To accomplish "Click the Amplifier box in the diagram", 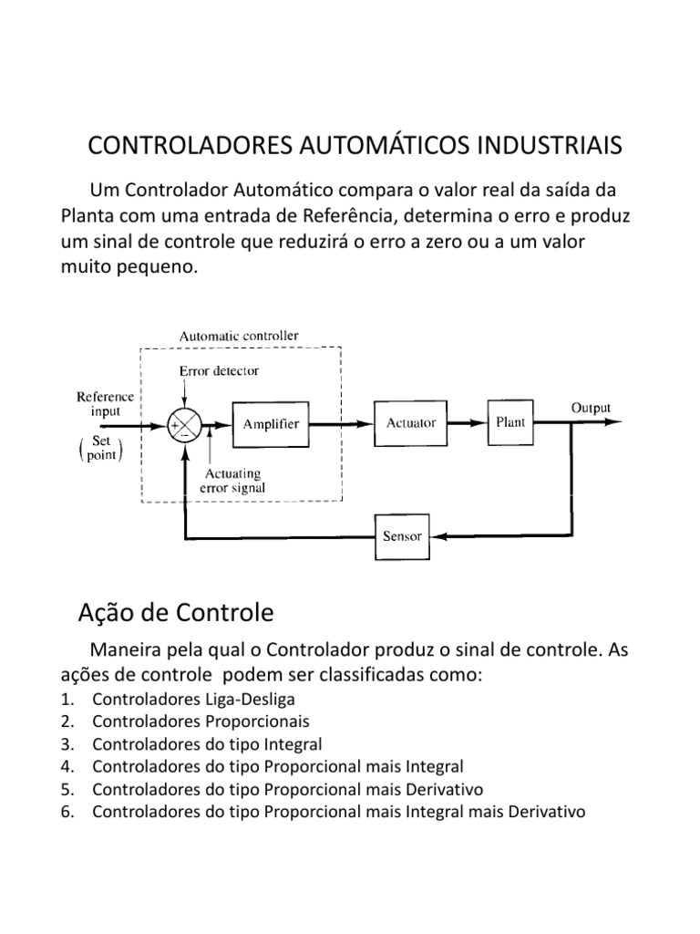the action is (271, 424).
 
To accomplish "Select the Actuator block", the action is (411, 423).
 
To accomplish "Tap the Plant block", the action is (510, 422).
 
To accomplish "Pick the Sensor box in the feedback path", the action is (402, 536).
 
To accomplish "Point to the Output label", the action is (591, 408).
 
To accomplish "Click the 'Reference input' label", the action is (105, 404).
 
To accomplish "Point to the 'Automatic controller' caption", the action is (239, 336).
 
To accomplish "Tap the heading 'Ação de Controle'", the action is (175, 613).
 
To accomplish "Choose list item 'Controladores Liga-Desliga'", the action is (194, 700).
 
